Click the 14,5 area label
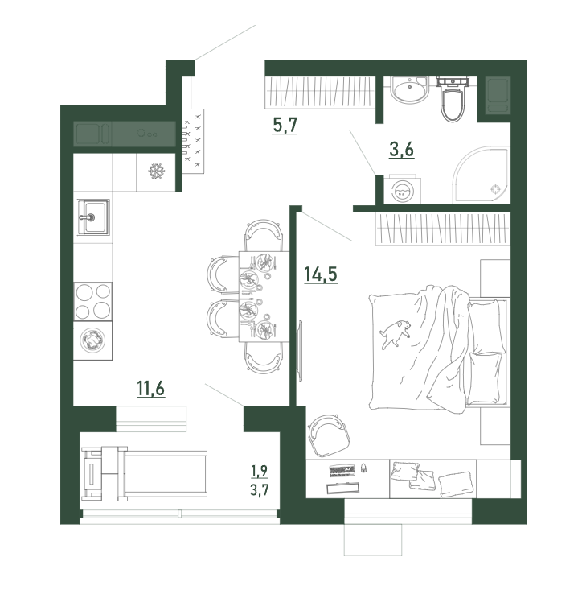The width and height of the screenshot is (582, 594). click(x=321, y=274)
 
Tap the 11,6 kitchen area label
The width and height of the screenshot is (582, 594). click(x=150, y=388)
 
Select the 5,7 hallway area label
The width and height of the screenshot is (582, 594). click(x=285, y=125)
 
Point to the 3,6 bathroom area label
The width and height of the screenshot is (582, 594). click(x=401, y=149)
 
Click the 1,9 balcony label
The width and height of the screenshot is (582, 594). click(x=259, y=471)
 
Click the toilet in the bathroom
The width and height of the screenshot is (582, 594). click(x=453, y=98)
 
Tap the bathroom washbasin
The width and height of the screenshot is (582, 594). click(x=409, y=89)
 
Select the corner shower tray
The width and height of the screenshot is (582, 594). click(x=482, y=175)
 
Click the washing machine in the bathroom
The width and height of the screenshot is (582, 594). click(x=402, y=190)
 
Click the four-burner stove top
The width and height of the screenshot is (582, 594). click(x=92, y=302)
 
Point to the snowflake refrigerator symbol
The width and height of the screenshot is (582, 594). click(x=155, y=171)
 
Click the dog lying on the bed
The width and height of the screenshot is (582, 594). click(x=396, y=333)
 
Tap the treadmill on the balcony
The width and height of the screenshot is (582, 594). click(x=144, y=473)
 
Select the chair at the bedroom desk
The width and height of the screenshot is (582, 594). click(x=328, y=435)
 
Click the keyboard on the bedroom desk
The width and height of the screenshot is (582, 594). click(x=342, y=471)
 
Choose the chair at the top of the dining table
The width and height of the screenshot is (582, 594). click(x=264, y=235)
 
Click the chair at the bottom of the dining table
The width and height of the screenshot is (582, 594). click(x=264, y=358)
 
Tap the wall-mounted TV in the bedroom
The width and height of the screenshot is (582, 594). click(x=300, y=350)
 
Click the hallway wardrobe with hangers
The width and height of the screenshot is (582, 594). click(x=320, y=93)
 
